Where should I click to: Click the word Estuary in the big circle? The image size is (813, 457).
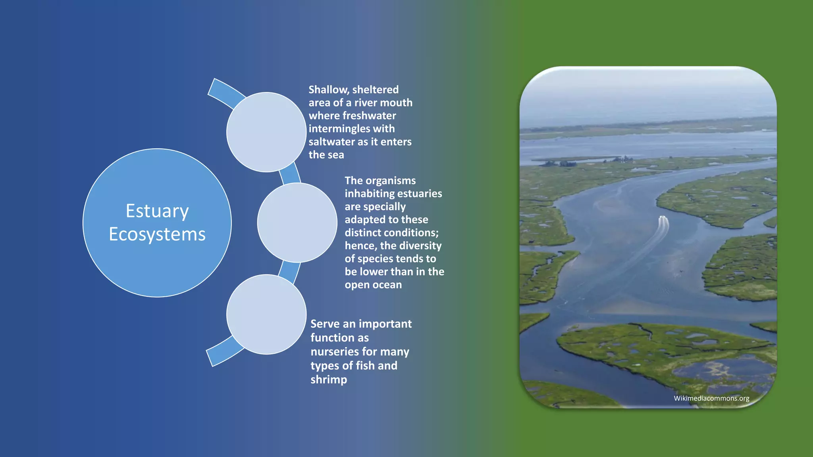[157, 211]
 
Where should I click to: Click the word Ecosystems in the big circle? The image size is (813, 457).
[157, 234]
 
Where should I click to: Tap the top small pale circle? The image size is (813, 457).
[266, 132]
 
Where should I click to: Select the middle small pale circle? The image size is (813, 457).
[297, 223]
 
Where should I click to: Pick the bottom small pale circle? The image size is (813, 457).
[266, 314]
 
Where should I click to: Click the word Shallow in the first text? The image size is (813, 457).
[328, 90]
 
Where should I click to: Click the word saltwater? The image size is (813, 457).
[332, 142]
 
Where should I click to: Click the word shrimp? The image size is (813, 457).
[329, 380]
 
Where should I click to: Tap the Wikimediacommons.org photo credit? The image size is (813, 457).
[711, 398]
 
